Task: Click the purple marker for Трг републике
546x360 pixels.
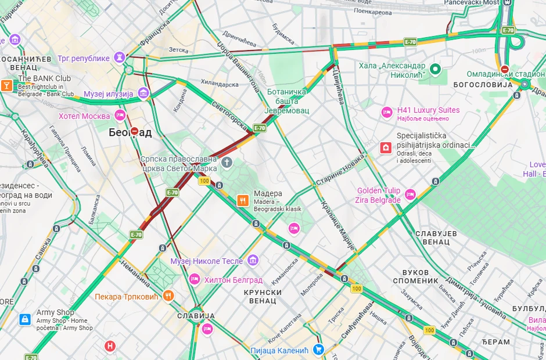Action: (x=120, y=58)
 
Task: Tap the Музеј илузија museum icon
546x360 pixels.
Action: (x=143, y=93)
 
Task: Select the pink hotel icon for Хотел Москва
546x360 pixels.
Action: (x=120, y=116)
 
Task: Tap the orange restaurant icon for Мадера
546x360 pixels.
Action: (x=243, y=200)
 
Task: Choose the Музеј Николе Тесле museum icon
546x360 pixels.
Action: (x=252, y=261)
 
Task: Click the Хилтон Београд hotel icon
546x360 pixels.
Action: (x=195, y=279)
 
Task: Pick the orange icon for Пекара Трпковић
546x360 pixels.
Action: (x=168, y=296)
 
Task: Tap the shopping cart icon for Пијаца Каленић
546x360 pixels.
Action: (x=318, y=350)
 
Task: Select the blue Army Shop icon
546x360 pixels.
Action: (x=25, y=319)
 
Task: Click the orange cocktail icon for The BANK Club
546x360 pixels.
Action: (x=6, y=85)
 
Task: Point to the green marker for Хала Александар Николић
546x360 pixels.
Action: (x=435, y=70)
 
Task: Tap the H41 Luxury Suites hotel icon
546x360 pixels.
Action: (x=387, y=113)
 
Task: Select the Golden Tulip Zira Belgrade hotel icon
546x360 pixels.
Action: (x=410, y=195)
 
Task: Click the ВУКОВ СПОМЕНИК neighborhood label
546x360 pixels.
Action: (x=420, y=276)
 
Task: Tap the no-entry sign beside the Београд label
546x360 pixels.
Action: (x=135, y=131)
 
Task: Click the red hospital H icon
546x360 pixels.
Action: (x=110, y=347)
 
